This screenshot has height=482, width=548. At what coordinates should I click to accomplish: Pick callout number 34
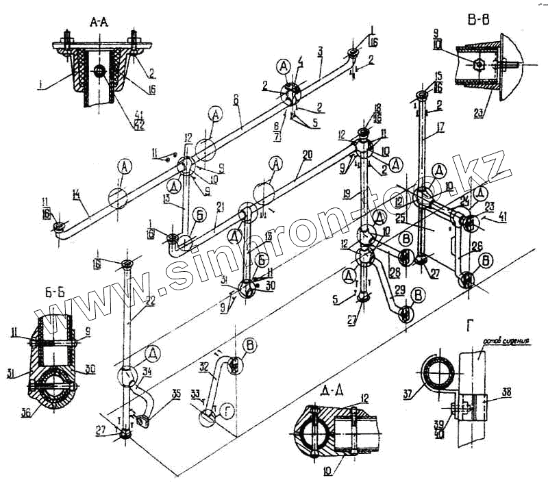[x=147, y=371]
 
